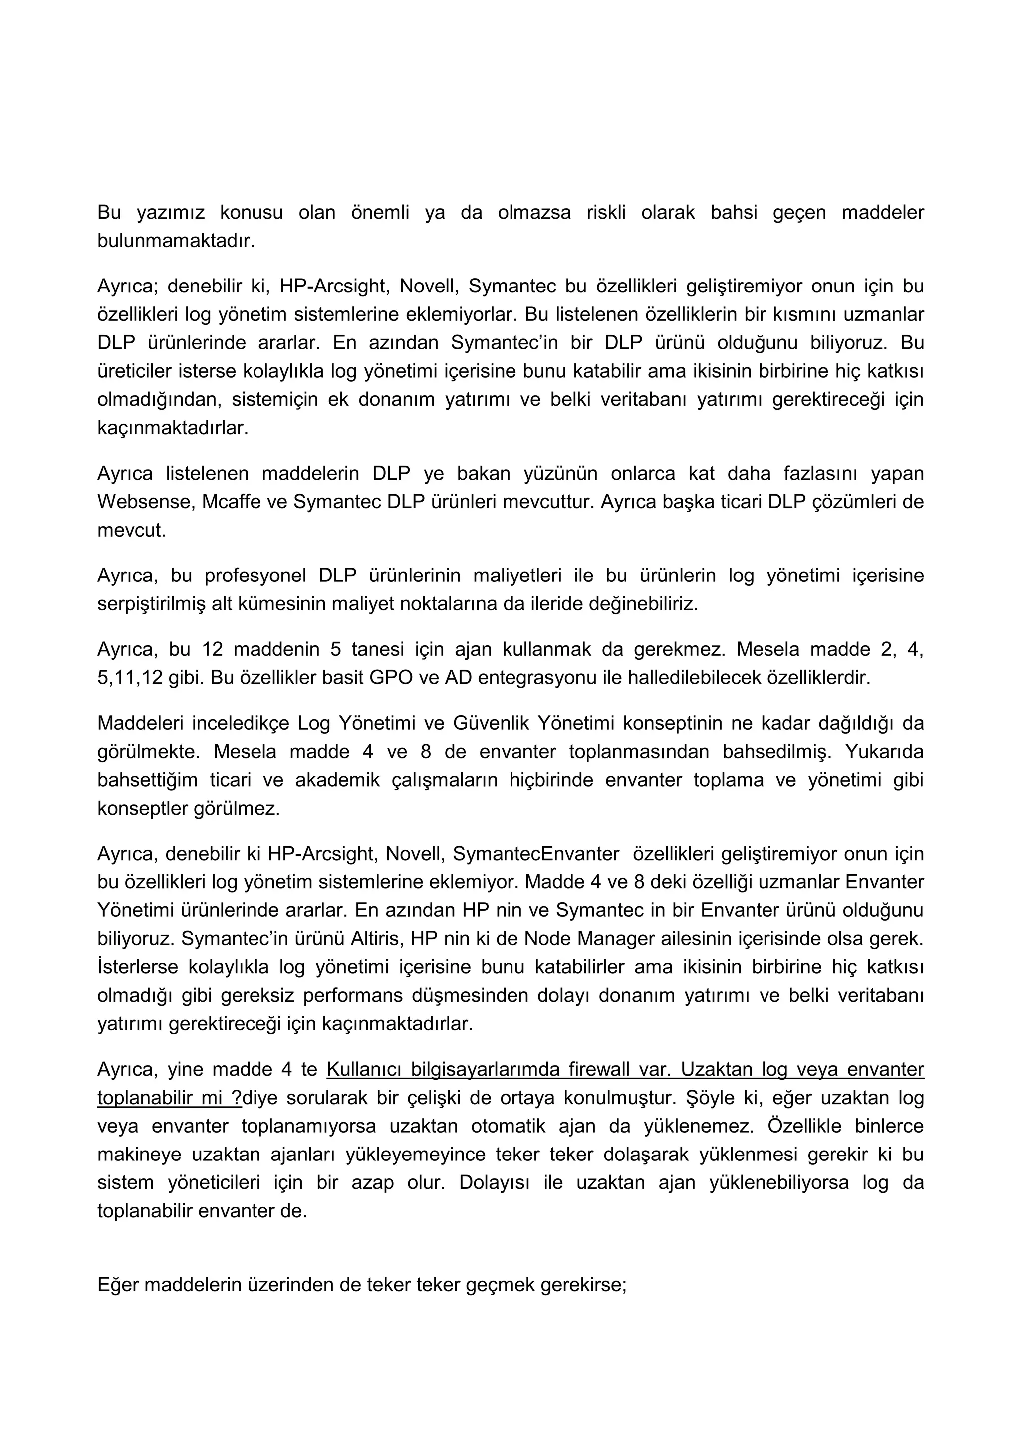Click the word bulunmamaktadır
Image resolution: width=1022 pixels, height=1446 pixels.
pyautogui.click(x=176, y=241)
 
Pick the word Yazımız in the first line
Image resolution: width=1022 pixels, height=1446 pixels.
pyautogui.click(x=171, y=212)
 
